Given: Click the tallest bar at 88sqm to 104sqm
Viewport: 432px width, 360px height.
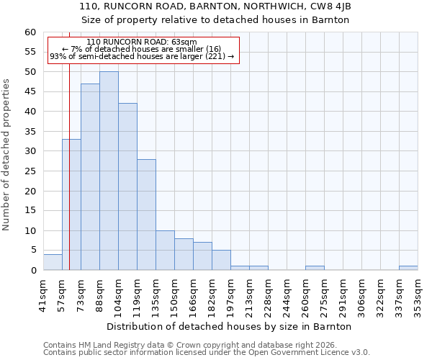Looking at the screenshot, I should pos(109,171).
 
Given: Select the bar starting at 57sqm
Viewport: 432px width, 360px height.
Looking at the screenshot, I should pos(71,204).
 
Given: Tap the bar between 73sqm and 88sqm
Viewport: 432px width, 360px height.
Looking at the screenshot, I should pos(90,176).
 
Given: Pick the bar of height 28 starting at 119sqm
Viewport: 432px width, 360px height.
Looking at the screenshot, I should pos(146,215).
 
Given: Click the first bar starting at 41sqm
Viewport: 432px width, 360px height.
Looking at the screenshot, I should pos(53,262).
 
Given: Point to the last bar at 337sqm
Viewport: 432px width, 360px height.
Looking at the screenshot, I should pos(408,268).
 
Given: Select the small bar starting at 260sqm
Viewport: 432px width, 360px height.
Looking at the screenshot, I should pos(315,268).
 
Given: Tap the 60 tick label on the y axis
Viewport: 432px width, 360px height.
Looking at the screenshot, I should pos(30,32).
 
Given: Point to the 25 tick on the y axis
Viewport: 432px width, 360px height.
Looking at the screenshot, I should pos(30,171).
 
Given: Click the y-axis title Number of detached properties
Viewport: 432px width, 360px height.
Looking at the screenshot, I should pos(6,155).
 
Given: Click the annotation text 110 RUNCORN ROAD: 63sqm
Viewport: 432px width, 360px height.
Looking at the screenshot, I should pos(141,42).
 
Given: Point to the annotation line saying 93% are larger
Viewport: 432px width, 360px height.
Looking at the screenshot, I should pos(142,56).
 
